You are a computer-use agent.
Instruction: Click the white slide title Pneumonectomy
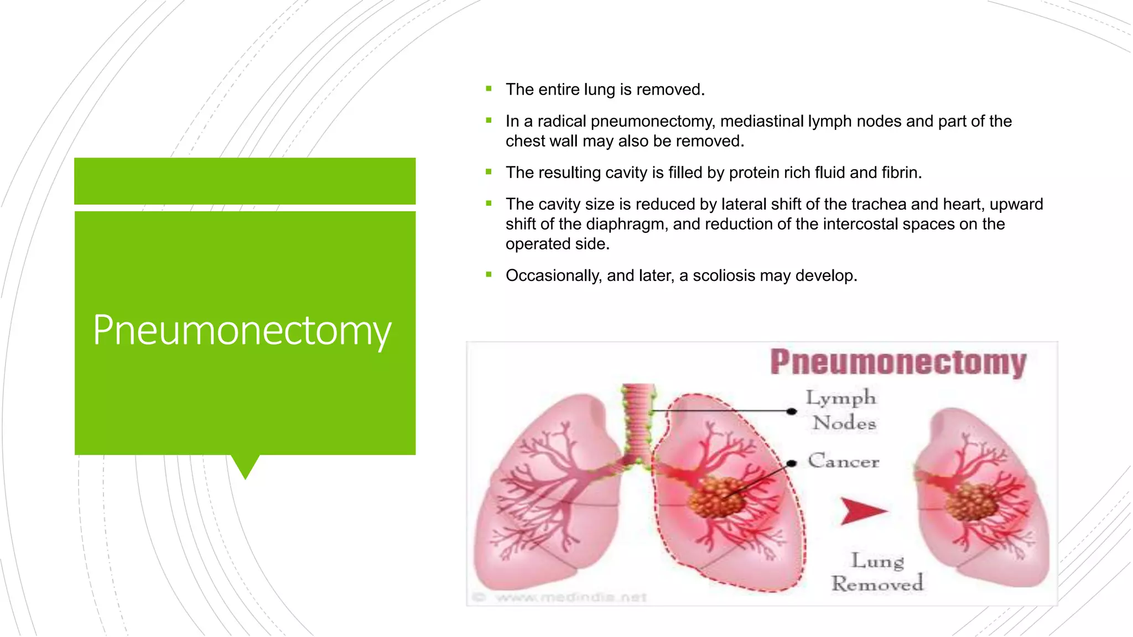pos(242,330)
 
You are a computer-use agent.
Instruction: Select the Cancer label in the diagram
pos(843,461)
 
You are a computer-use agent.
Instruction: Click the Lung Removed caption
pos(877,572)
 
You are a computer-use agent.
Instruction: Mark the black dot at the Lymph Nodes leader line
pos(792,411)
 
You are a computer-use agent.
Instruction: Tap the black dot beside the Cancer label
pos(792,463)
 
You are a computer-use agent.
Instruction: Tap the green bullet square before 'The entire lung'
pos(488,88)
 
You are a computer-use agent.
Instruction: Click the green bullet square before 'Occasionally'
pos(488,274)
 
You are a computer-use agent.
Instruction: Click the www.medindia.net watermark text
pos(570,597)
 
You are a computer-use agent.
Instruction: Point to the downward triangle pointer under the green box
pos(245,466)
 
